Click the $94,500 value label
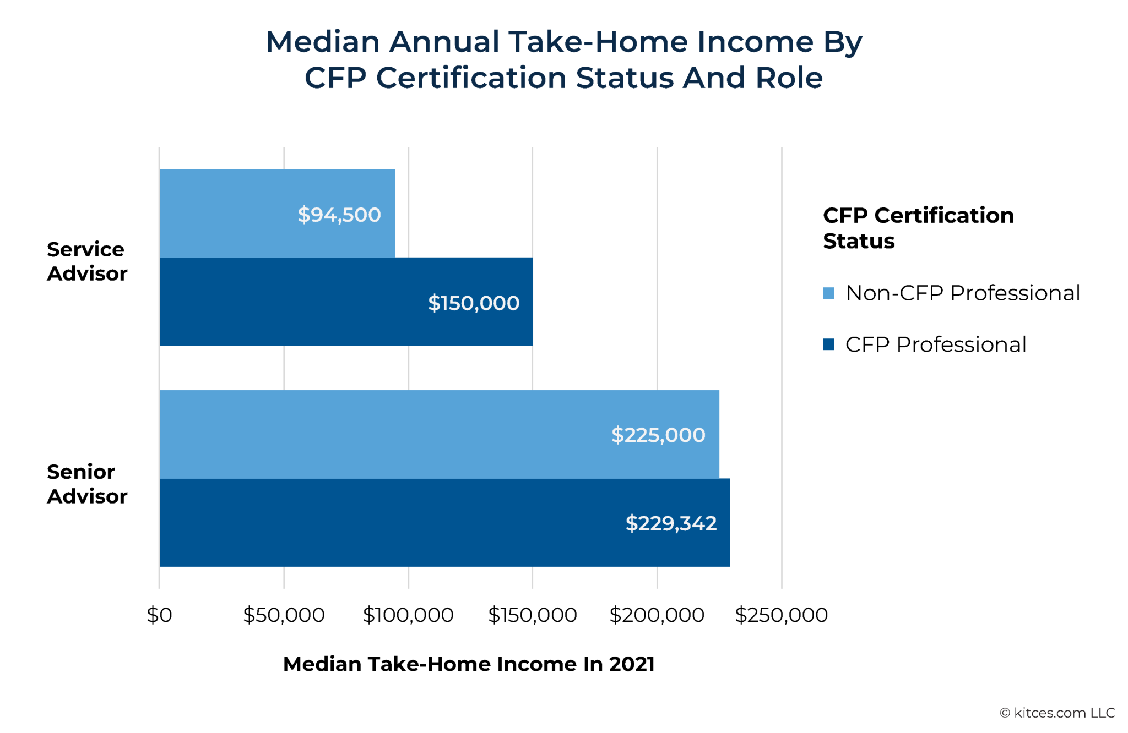click(x=339, y=215)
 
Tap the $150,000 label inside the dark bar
click(x=473, y=303)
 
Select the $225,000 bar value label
click(x=658, y=435)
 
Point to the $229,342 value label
click(x=670, y=523)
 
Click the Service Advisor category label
click(x=86, y=261)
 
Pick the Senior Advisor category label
click(x=86, y=484)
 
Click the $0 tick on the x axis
click(x=159, y=615)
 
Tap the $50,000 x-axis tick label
click(x=284, y=615)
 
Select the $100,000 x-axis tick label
click(x=408, y=615)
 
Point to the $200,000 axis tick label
click(x=657, y=615)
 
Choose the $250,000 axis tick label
click(x=781, y=615)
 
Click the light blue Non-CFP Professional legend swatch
click(x=828, y=293)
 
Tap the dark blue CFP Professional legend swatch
click(x=828, y=344)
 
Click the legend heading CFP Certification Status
click(x=918, y=228)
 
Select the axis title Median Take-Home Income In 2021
click(x=468, y=664)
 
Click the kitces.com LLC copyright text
click(x=1057, y=713)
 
